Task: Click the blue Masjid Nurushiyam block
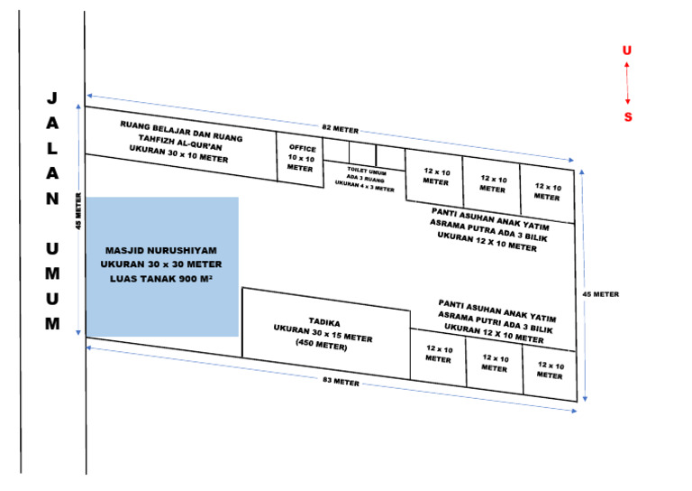click(x=162, y=266)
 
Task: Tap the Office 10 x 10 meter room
click(x=300, y=160)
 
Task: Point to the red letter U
click(x=627, y=51)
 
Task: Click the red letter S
click(x=628, y=116)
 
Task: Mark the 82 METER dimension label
click(x=340, y=130)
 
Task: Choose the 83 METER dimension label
click(x=341, y=384)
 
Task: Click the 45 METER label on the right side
click(x=602, y=294)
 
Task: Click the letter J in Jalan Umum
click(x=52, y=97)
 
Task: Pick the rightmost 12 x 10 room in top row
click(x=546, y=191)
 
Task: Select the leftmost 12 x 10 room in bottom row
click(x=439, y=355)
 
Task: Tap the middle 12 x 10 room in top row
click(x=492, y=184)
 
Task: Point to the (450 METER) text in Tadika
click(x=323, y=347)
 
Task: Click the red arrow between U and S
click(x=628, y=84)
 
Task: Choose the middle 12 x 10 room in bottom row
click(x=494, y=364)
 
